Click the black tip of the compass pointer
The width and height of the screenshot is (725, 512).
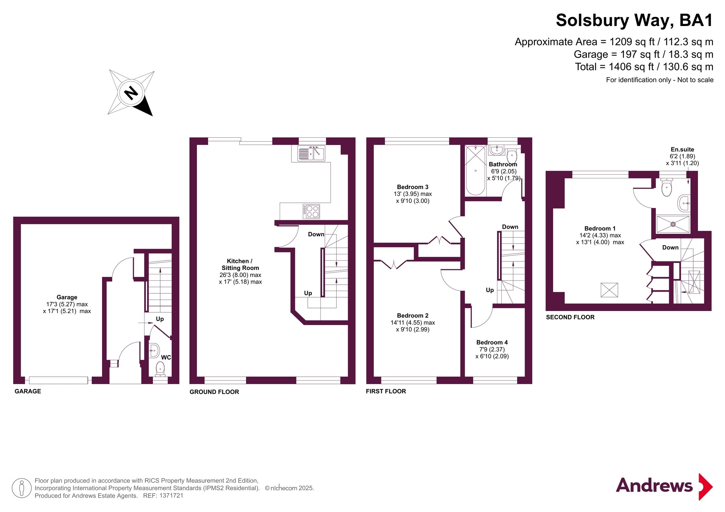(152, 116)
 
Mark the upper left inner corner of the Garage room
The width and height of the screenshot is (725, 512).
(21, 224)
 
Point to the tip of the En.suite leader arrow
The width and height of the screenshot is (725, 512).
(688, 184)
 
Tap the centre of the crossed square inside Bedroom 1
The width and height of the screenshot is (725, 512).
(609, 290)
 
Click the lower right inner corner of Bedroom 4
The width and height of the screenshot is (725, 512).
(525, 377)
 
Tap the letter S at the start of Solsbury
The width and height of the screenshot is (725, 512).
(563, 20)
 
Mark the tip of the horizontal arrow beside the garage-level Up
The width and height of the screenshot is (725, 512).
(153, 323)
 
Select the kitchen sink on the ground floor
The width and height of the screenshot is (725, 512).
(311, 153)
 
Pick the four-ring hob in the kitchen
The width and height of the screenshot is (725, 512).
(311, 211)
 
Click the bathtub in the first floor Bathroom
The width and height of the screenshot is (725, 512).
(475, 170)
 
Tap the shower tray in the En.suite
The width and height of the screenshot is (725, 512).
(673, 224)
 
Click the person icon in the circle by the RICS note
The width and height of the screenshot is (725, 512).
(22, 488)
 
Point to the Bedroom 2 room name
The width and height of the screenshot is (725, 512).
(413, 315)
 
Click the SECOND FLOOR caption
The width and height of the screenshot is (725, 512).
(570, 317)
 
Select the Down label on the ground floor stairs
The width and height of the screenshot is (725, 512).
(316, 234)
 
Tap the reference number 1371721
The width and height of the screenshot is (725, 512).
(171, 496)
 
